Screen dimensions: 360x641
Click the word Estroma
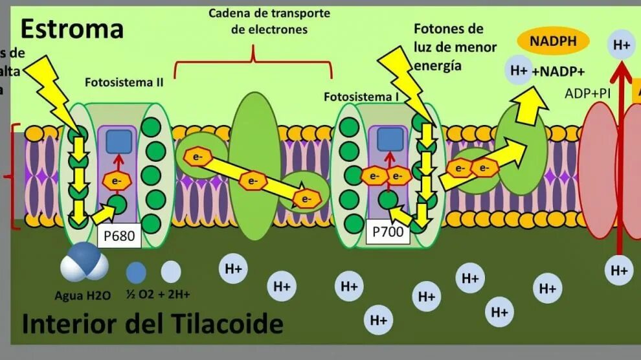tap(71, 28)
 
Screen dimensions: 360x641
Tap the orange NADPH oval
tap(552, 41)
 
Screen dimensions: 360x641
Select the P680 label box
tap(120, 236)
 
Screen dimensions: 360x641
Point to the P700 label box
tap(388, 231)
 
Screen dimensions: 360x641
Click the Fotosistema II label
tap(124, 83)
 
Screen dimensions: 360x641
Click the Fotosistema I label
tap(361, 97)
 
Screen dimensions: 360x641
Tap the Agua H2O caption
tap(83, 295)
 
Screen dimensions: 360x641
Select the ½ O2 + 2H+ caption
tap(158, 295)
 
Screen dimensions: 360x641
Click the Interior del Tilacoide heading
tap(153, 324)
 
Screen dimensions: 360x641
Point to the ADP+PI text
tap(587, 93)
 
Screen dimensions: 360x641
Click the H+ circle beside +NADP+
tap(519, 71)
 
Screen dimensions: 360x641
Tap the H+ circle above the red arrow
tap(622, 45)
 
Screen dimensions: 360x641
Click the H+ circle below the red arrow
tap(620, 270)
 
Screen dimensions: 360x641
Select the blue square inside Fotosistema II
tap(119, 142)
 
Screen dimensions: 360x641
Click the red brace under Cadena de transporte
tap(254, 62)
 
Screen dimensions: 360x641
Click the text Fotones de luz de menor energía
tap(455, 47)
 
